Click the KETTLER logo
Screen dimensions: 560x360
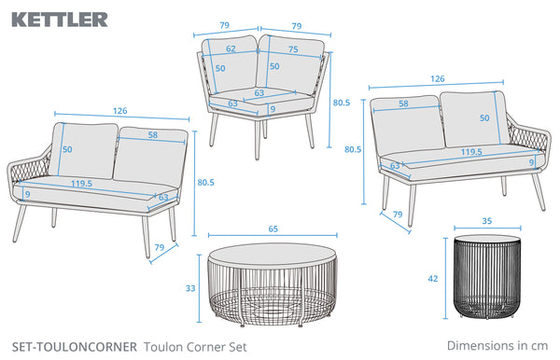(x=60, y=20)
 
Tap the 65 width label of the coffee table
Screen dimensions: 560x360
(x=273, y=228)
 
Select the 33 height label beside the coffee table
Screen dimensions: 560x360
(x=190, y=288)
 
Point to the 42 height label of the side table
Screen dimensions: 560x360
(x=432, y=278)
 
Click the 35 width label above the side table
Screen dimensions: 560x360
(x=487, y=221)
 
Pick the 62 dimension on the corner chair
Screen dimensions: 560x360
(x=231, y=48)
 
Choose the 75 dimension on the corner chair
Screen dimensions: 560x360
(x=293, y=49)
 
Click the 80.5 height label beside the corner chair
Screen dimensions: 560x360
(x=342, y=103)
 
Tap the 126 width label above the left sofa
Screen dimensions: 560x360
(x=120, y=111)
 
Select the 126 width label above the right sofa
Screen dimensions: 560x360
(x=438, y=78)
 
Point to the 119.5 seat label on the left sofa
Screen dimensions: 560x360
(x=81, y=184)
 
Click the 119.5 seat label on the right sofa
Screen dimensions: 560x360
(x=471, y=152)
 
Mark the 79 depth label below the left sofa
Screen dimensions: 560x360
(x=160, y=247)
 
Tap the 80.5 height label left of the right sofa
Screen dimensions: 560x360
(x=353, y=149)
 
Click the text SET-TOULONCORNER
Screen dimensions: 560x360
(x=75, y=347)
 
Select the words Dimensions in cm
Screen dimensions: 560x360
(x=497, y=345)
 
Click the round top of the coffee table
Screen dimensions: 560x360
(x=273, y=256)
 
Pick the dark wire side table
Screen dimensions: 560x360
(x=487, y=276)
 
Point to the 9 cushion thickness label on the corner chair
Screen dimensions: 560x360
(x=273, y=109)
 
